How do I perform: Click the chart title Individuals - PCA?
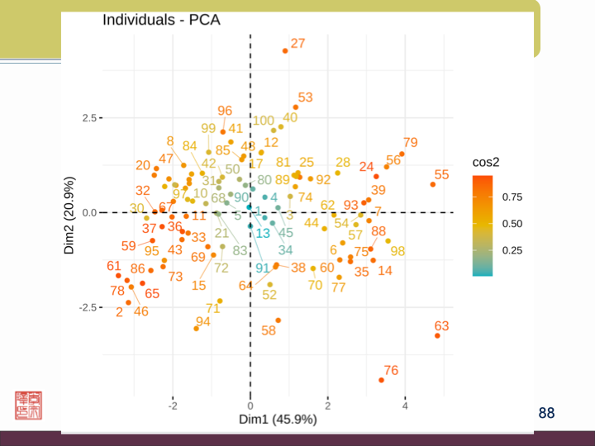click(161, 19)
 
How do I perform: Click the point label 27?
click(298, 43)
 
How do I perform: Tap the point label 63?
click(441, 327)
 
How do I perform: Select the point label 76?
click(391, 371)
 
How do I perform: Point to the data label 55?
click(442, 175)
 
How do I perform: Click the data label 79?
click(411, 143)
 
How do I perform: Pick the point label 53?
click(306, 97)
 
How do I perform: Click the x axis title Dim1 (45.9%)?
click(278, 420)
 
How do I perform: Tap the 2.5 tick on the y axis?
click(88, 117)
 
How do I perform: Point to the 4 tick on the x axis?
click(405, 406)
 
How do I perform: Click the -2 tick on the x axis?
click(173, 406)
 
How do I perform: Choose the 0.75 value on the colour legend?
click(513, 197)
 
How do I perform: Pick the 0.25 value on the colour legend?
click(513, 250)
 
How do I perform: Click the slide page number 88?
click(546, 412)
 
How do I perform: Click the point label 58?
click(269, 330)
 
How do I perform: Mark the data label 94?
click(202, 322)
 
